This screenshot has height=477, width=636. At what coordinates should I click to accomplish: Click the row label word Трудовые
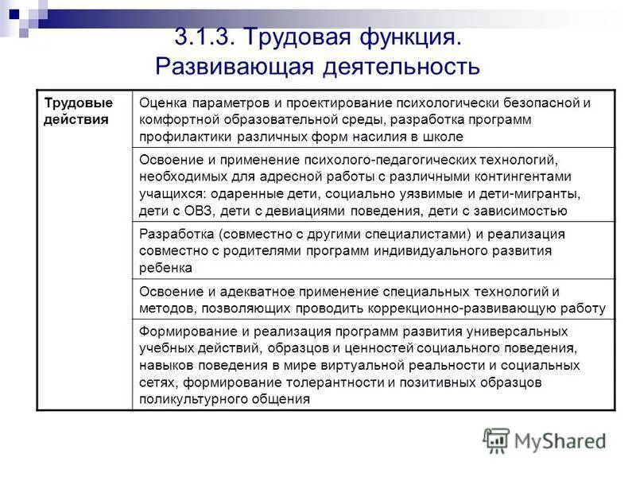(x=78, y=103)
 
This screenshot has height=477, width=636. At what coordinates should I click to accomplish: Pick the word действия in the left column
(x=76, y=118)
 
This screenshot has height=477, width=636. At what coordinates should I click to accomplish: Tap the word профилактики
(x=181, y=135)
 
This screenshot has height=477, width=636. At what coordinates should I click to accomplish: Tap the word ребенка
(x=165, y=268)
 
